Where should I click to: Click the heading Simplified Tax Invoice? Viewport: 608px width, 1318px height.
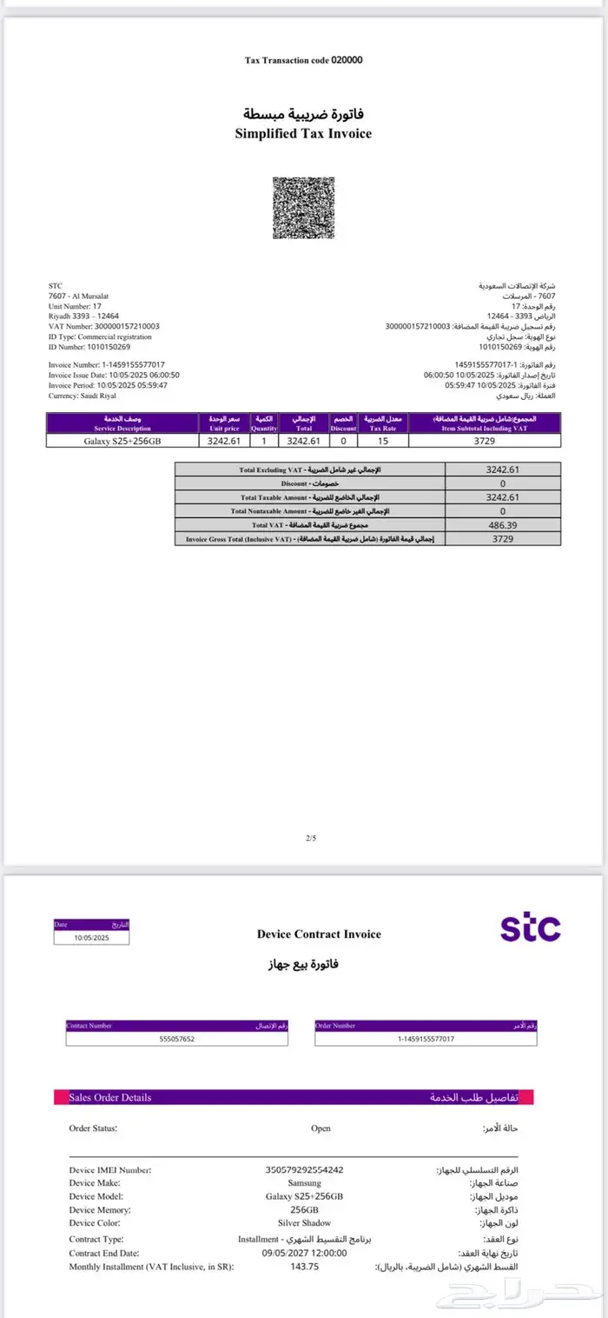point(303,134)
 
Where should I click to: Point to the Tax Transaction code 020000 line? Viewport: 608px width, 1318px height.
point(303,60)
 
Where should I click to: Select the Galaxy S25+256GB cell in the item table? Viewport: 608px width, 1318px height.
point(122,441)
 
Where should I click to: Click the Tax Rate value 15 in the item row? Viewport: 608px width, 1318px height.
point(382,441)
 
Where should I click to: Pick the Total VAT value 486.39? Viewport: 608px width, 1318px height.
point(503,525)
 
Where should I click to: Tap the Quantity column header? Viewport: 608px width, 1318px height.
point(264,423)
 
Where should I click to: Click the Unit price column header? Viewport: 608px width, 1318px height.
point(224,423)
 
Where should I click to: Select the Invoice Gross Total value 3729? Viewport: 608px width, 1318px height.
point(503,539)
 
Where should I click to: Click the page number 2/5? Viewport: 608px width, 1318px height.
point(312,837)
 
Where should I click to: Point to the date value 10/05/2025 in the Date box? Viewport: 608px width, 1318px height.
point(91,938)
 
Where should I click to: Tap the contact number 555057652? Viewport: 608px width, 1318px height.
point(177,1039)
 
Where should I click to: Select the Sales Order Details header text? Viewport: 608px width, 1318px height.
point(110,1097)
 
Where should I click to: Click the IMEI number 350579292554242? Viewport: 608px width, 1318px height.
point(304,1170)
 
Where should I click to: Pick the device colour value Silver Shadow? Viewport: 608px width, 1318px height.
point(304,1222)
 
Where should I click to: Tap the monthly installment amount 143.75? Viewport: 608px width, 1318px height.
point(304,1267)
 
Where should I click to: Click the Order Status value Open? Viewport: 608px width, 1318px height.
point(321,1128)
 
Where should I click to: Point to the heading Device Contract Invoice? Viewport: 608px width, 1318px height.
point(319,935)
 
